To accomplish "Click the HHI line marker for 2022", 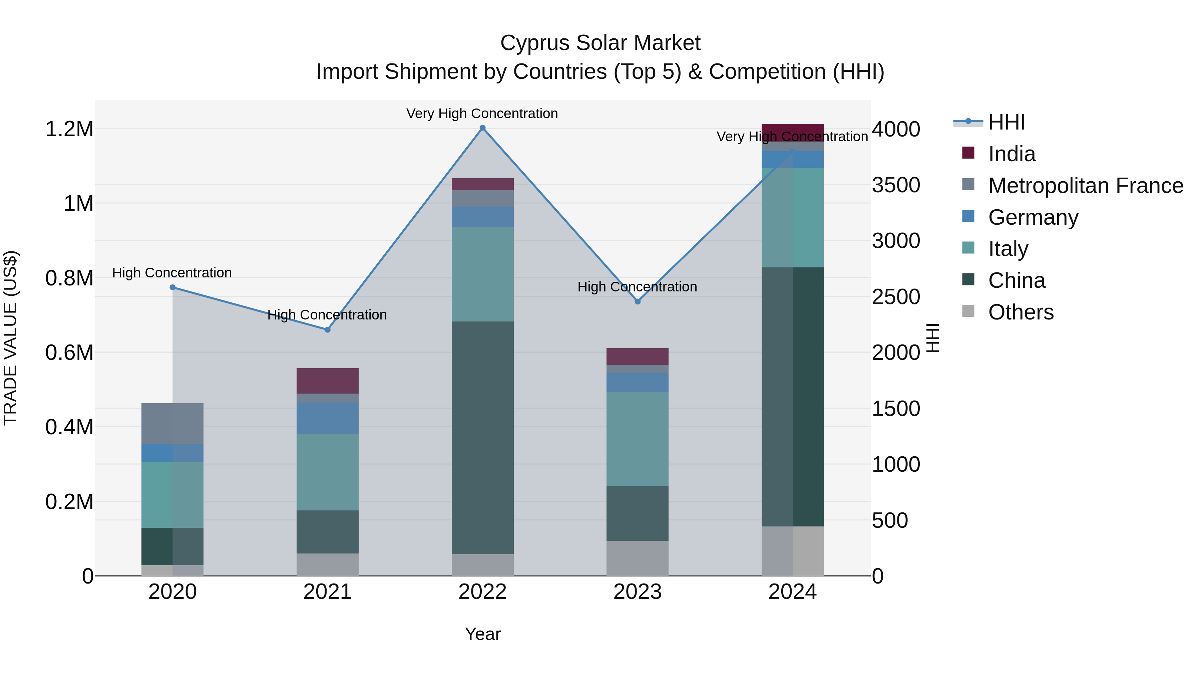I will [x=482, y=128].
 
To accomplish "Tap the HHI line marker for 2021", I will [x=327, y=330].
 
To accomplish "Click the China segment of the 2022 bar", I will [x=482, y=438].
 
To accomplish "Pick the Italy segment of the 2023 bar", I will [x=637, y=439].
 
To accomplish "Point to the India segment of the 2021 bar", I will [x=327, y=381].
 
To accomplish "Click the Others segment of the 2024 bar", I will [x=793, y=551].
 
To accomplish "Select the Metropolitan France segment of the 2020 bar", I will [x=172, y=424].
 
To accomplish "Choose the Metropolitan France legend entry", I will [x=1085, y=186].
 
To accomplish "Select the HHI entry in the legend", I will [x=1006, y=122].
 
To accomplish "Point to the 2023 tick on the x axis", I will [x=637, y=592].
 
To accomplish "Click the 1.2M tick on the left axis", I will [x=69, y=129].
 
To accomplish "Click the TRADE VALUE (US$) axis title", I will [x=10, y=338].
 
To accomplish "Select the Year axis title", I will [x=482, y=634].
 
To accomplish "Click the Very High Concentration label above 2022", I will [x=482, y=114].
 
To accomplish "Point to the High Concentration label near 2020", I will [x=172, y=272].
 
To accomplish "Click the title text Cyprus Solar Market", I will [x=600, y=43].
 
